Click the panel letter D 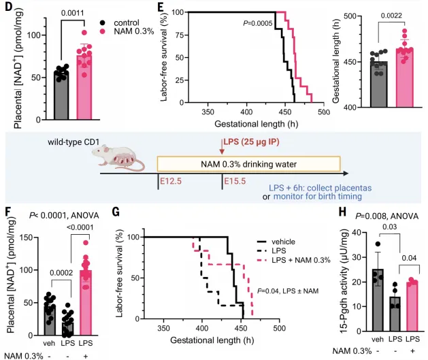click(9, 7)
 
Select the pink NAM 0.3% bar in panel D click(84, 87)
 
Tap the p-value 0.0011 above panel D click(72, 13)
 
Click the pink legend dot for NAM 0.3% click(102, 31)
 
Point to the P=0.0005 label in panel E click(258, 23)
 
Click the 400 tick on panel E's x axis click(246, 112)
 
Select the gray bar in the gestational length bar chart click(379, 84)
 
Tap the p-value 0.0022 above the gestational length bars click(391, 16)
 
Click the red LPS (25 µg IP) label click(251, 142)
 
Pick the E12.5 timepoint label click(171, 181)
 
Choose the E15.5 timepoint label click(235, 181)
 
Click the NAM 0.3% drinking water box click(248, 164)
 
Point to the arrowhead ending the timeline click(346, 174)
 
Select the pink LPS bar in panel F click(86, 302)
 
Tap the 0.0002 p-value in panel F click(61, 273)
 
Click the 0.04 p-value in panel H click(409, 258)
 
